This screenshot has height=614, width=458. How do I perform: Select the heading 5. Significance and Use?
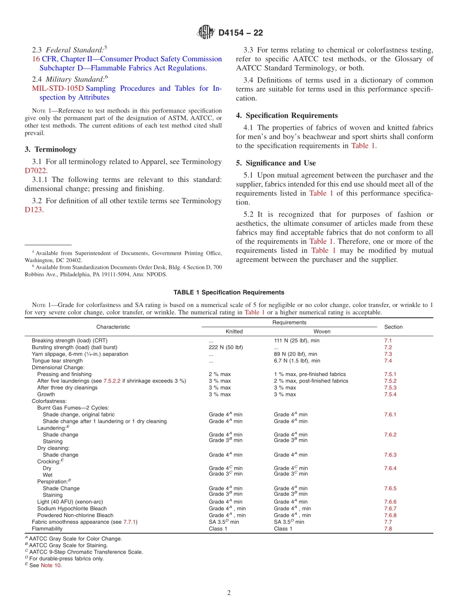tap(276, 163)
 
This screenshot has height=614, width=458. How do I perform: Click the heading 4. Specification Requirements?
tap(287, 115)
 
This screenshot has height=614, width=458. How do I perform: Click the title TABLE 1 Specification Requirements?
tap(229, 293)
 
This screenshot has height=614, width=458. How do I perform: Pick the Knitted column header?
tap(234, 332)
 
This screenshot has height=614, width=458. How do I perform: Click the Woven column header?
tap(322, 332)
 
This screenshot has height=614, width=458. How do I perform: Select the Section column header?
tap(393, 327)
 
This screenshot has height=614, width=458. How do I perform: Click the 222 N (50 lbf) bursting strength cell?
tap(226, 348)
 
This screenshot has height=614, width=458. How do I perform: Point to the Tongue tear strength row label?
tap(57, 361)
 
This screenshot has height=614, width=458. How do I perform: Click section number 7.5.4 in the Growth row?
tap(390, 394)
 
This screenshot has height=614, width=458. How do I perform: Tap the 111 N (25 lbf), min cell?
tap(296, 341)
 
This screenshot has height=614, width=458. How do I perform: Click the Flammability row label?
tap(47, 529)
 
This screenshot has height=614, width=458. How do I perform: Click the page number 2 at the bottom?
tap(229, 593)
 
